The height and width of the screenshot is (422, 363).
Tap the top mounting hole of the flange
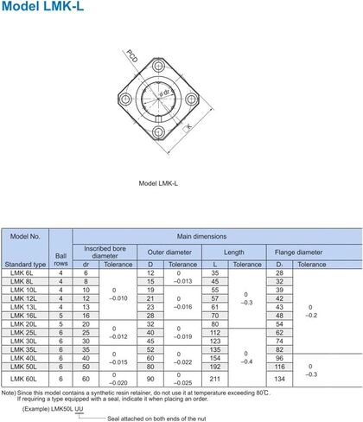tap(161, 66)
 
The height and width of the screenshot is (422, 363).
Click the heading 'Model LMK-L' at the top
tap(40, 10)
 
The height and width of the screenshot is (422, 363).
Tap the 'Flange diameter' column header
tap(298, 252)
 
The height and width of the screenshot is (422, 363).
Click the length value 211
tap(215, 378)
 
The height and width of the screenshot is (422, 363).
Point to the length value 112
tap(215, 332)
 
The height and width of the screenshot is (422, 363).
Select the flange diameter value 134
tap(279, 378)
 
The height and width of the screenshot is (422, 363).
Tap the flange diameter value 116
tap(279, 367)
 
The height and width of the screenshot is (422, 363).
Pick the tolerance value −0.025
tap(182, 382)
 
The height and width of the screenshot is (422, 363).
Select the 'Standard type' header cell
tap(25, 264)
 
